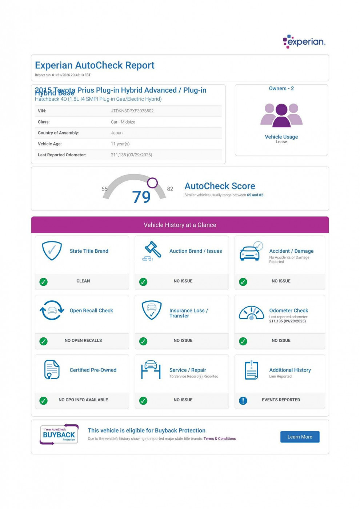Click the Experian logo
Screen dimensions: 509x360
coord(304,41)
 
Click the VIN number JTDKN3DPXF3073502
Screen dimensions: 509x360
coord(132,111)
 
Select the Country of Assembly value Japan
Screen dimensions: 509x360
coord(117,133)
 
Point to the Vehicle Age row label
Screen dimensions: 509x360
coord(50,144)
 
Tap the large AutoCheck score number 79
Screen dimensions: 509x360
coord(141,197)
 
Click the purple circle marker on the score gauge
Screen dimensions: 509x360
coord(152,183)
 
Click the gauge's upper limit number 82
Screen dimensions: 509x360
coord(170,189)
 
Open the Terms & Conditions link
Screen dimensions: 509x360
coord(219,439)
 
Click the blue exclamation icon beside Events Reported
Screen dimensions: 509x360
coord(243,401)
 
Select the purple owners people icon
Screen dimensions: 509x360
coord(281,115)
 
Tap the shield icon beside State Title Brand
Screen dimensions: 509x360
coord(52,251)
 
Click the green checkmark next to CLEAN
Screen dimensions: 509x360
coord(44,282)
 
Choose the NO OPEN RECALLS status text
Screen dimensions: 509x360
coord(83,341)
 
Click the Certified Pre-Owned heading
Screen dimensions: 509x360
coord(93,370)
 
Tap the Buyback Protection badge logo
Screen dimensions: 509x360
coord(59,434)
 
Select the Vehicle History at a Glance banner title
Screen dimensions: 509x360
coord(180,225)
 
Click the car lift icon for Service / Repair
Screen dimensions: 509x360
coord(151,370)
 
